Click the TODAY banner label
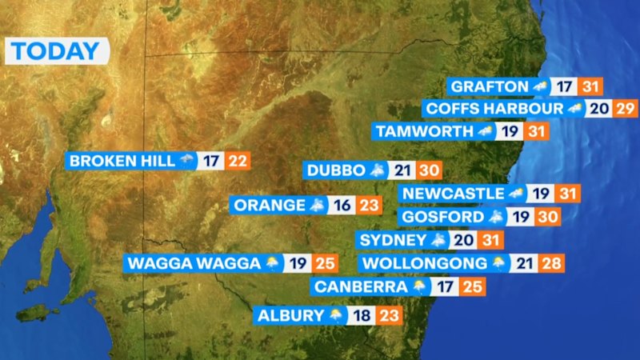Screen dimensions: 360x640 tap(56, 52)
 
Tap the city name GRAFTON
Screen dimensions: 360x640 tap(489, 86)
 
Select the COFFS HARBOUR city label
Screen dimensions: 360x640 tap(494, 108)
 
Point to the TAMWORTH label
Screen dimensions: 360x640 tap(424, 130)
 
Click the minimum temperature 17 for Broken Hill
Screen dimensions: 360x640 tap(211, 161)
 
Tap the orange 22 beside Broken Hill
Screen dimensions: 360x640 tap(238, 161)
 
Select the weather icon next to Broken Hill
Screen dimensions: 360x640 tap(188, 161)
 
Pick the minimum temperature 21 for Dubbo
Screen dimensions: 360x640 tap(402, 170)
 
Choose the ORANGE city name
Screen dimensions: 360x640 tap(270, 205)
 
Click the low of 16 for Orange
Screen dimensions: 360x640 tap(342, 205)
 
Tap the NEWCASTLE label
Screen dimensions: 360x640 tap(454, 194)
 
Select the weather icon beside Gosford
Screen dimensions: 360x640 tap(497, 217)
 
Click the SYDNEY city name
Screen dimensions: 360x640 tap(393, 240)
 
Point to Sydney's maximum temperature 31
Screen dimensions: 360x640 tap(490, 240)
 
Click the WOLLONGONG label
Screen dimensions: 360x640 tap(424, 262)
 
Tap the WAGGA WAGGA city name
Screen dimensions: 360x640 tap(194, 262)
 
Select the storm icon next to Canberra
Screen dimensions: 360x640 tap(419, 286)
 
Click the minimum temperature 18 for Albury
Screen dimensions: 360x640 tap(362, 315)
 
